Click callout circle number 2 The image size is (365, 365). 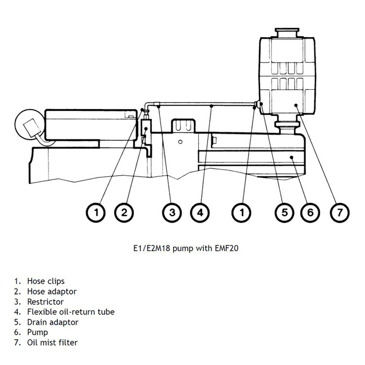tap(124, 212)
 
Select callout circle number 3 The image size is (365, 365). tap(172, 212)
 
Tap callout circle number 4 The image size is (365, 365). tap(200, 212)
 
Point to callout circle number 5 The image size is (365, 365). tap(284, 212)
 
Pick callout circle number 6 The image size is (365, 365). tap(310, 212)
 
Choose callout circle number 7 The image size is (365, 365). tap(339, 212)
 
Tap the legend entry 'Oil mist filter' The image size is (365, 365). tap(52, 343)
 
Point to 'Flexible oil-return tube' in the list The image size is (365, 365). tap(70, 312)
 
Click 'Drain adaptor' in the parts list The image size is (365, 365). tap(53, 322)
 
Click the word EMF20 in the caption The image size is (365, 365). tap(227, 248)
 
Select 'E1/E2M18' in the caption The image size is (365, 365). tap(151, 248)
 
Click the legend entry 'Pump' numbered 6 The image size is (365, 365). tap(37, 332)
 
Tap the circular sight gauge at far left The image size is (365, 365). tap(30, 125)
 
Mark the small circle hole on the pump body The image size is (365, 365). tap(179, 141)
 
